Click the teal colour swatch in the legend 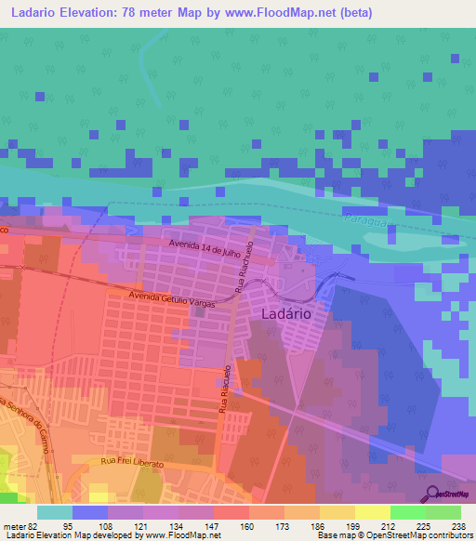tap(54, 511)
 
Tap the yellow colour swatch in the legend tap(372, 511)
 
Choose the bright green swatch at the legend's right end tap(443, 511)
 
